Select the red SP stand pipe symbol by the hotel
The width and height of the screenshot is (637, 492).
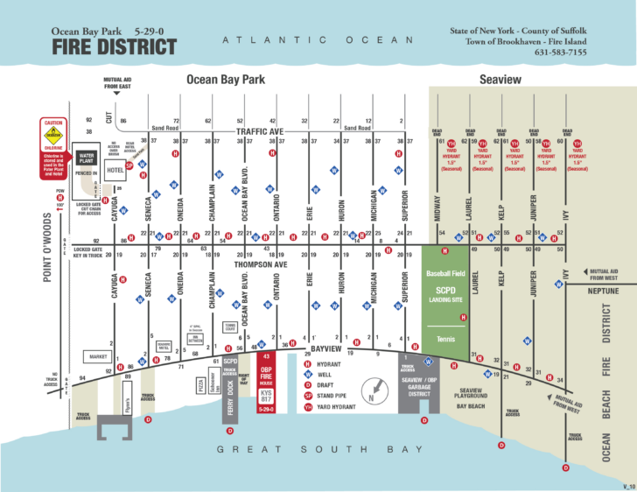coord(129,165)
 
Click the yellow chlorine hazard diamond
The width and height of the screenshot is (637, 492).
coord(53,135)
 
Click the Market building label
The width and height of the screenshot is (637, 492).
coord(96,356)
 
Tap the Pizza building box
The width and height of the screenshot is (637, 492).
coord(200,383)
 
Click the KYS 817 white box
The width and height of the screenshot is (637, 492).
coord(266,397)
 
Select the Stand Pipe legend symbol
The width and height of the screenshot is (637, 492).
coord(308,395)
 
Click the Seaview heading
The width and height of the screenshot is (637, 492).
coord(500,80)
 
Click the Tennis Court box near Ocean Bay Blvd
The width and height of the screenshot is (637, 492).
coord(230,327)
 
